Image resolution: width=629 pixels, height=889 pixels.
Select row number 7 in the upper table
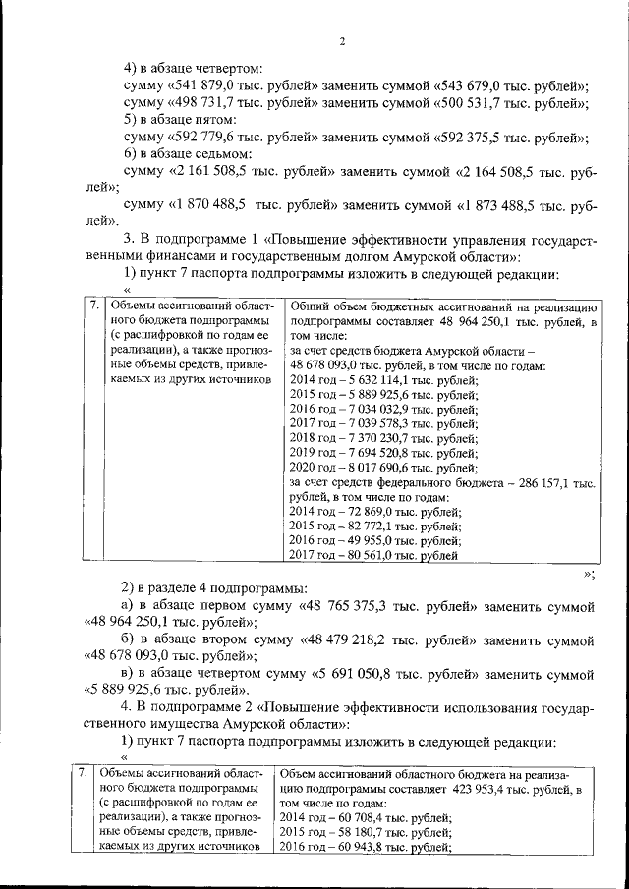[x=93, y=306]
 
